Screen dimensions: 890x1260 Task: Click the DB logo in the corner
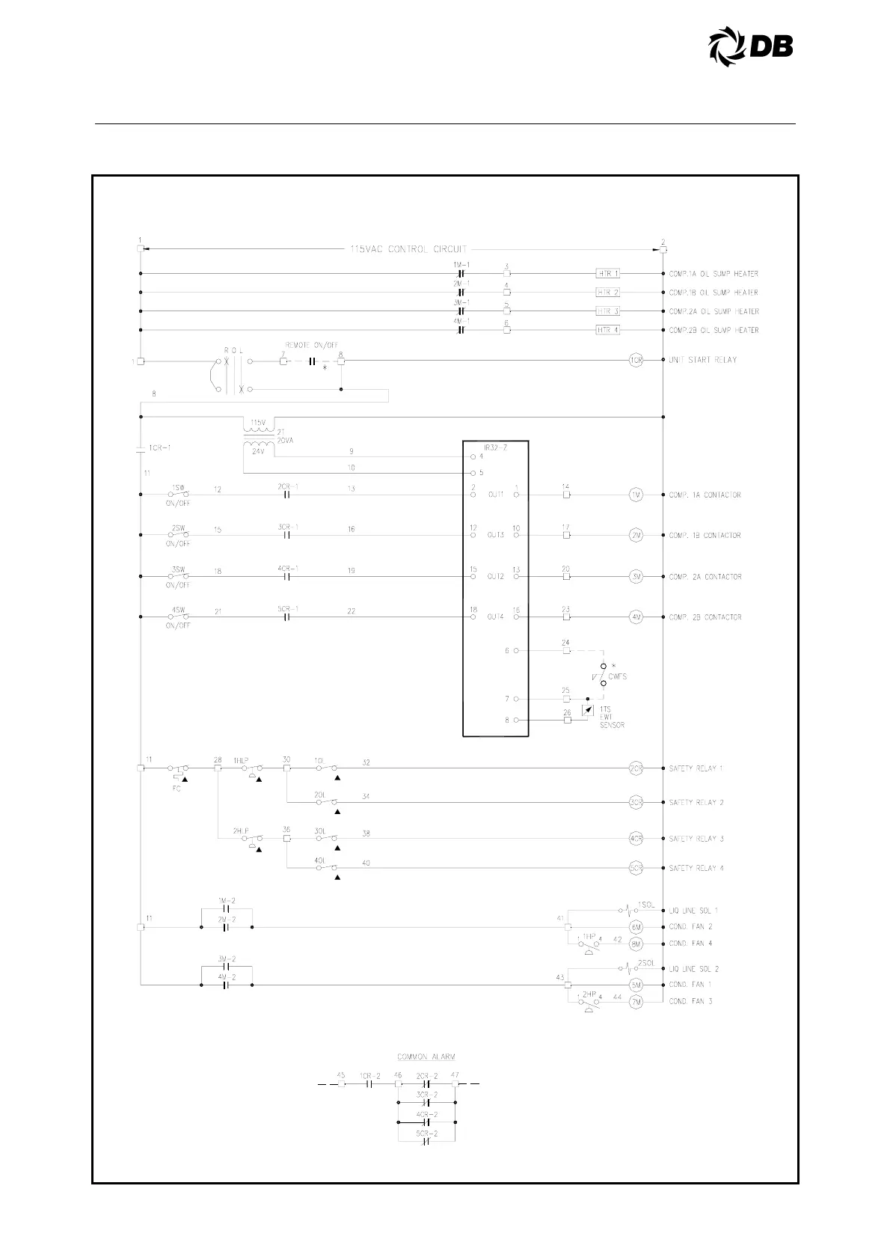[x=750, y=46]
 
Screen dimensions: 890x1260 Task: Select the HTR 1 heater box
[x=607, y=274]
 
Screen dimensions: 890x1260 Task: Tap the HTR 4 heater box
[x=607, y=330]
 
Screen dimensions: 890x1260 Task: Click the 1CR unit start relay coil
[x=636, y=360]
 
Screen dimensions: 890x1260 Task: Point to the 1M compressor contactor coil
[x=636, y=495]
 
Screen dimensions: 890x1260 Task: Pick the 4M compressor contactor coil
[x=636, y=617]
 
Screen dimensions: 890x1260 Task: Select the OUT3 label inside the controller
[x=496, y=535]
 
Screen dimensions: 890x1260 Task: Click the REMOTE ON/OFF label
[x=311, y=345]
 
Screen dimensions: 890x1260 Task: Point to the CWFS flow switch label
[x=617, y=676]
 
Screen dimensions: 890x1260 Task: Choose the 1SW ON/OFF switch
[x=178, y=494]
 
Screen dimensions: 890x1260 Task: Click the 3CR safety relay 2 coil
[x=636, y=802]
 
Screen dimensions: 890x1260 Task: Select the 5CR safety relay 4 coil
[x=636, y=868]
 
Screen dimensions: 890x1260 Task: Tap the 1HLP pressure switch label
[x=241, y=760]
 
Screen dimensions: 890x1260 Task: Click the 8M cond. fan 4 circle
[x=636, y=944]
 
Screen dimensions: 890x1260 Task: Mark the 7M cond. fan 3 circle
[x=636, y=1001]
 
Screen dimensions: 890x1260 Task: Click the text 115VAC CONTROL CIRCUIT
[x=408, y=249]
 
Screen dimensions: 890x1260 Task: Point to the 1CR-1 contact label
[x=159, y=447]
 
